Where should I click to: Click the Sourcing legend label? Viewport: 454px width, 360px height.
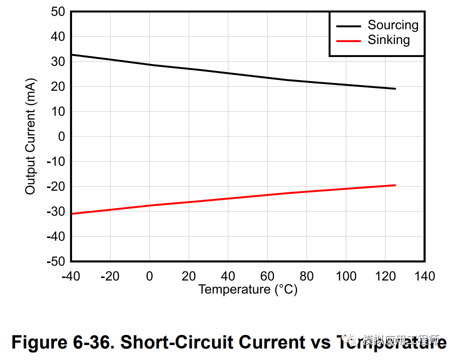[x=392, y=25]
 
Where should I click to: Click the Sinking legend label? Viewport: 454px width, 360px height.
[x=388, y=40]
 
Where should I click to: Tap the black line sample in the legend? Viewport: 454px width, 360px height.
[x=348, y=26]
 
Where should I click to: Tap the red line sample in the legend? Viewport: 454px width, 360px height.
[x=348, y=40]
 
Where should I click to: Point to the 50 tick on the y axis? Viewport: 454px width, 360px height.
[x=58, y=11]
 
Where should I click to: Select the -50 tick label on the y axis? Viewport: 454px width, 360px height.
[x=56, y=261]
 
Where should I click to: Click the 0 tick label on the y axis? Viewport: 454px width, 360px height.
[x=62, y=136]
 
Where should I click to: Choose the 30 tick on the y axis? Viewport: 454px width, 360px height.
[x=58, y=61]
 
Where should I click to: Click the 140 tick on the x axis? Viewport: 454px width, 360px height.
[x=424, y=276]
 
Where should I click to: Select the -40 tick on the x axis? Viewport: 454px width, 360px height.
[x=72, y=276]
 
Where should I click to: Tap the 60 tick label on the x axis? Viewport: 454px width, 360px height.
[x=267, y=276]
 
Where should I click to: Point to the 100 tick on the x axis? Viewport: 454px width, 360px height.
[x=346, y=276]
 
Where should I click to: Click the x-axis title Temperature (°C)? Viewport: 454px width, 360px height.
[x=248, y=289]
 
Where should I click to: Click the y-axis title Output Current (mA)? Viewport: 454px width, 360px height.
[x=31, y=136]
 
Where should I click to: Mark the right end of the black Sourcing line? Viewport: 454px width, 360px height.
[x=395, y=88]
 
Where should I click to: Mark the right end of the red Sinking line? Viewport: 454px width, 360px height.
[x=395, y=185]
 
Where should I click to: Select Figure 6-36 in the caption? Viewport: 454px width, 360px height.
[x=62, y=342]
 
